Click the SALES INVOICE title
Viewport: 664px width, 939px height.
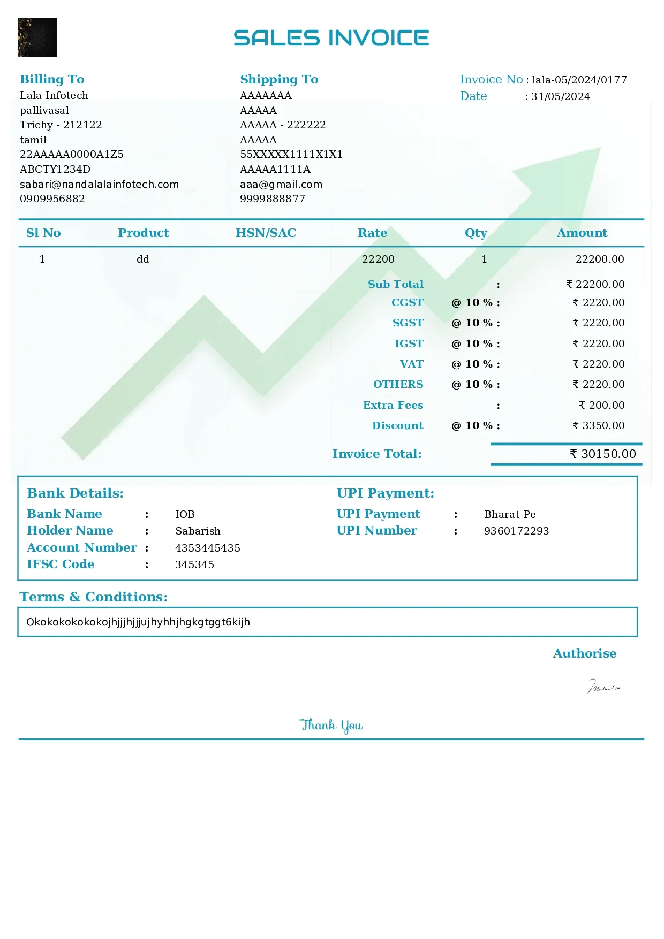331,38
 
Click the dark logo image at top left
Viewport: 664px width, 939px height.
37,37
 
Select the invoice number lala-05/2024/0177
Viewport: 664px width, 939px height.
579,80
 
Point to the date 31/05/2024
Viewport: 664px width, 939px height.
561,97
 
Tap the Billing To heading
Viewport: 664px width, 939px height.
52,80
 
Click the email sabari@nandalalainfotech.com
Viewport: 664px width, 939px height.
99,185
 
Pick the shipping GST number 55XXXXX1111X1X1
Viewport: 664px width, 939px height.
291,155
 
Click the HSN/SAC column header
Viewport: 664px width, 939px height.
266,233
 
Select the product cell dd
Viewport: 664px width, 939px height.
142,259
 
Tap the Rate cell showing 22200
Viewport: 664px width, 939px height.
378,259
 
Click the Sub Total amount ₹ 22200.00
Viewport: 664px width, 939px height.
595,285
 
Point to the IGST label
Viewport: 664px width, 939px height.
409,344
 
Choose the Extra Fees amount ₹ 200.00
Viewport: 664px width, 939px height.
602,406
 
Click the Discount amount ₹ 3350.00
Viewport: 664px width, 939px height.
599,426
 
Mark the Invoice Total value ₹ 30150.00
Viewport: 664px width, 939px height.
603,454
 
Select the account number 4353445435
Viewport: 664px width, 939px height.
208,548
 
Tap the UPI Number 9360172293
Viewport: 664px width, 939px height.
516,531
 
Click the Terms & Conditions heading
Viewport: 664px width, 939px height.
94,597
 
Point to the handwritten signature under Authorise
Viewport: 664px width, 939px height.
603,687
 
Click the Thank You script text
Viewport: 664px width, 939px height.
331,726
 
